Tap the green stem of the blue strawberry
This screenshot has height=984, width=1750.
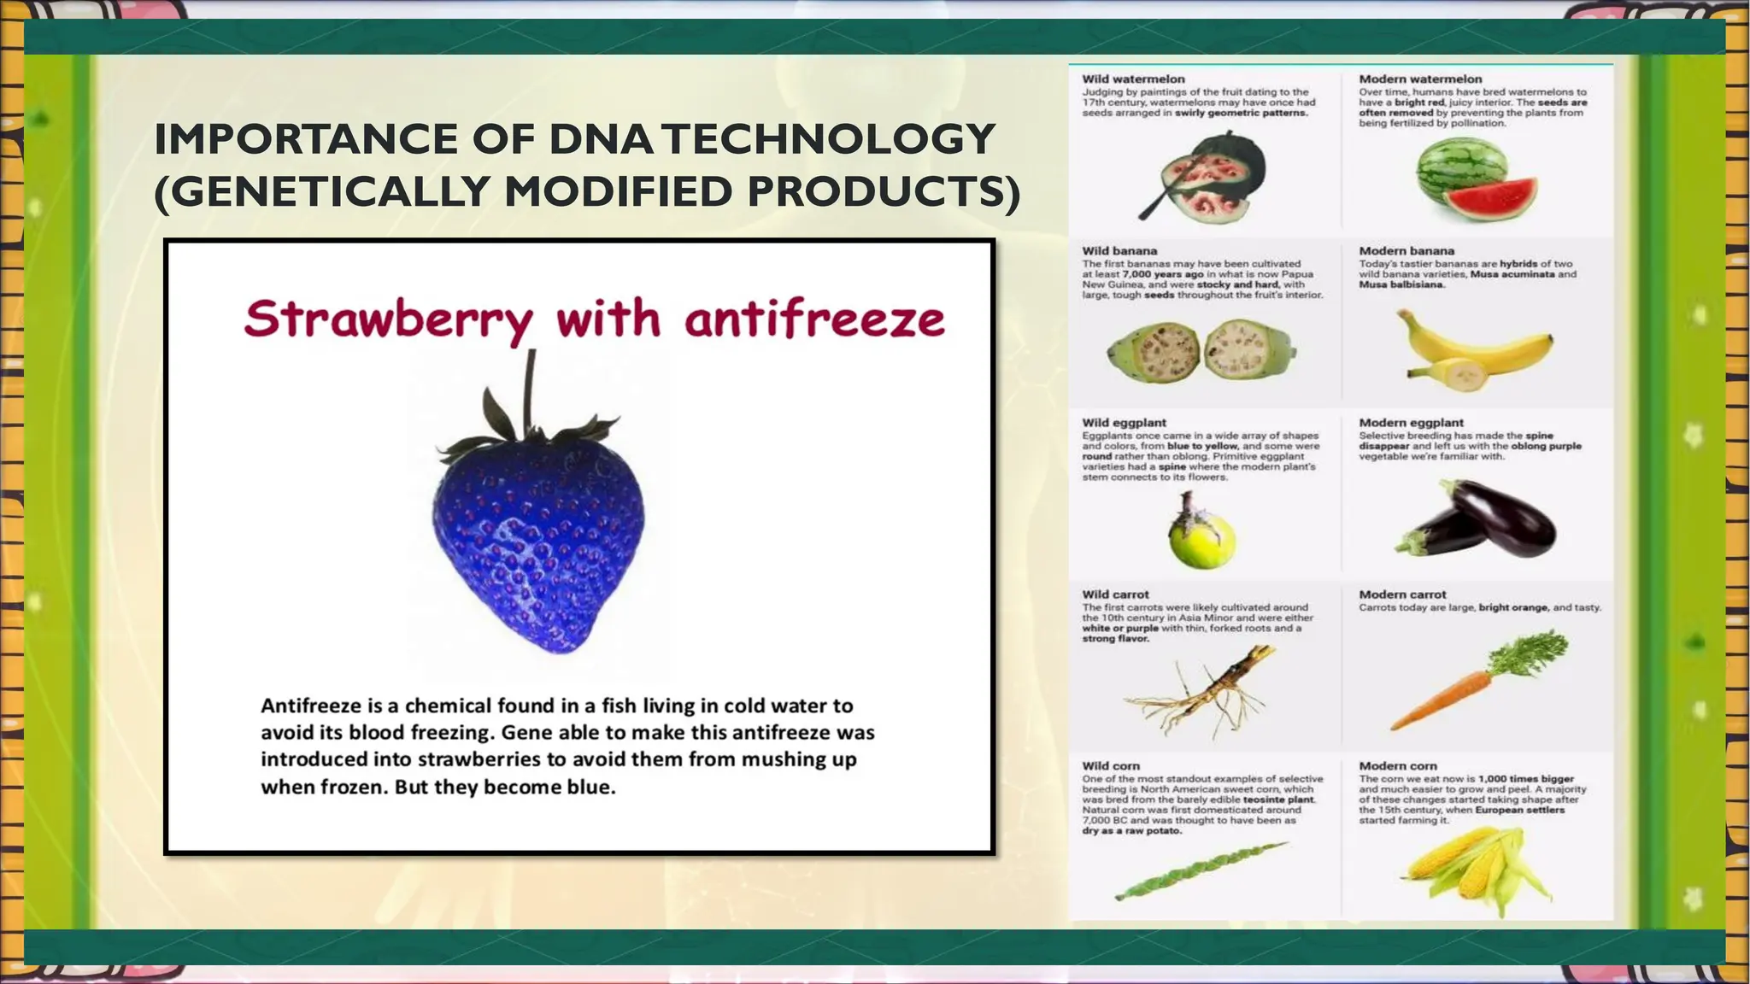click(x=530, y=389)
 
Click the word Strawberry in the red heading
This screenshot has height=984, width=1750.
click(x=387, y=320)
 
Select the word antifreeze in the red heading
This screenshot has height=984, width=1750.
click(x=814, y=320)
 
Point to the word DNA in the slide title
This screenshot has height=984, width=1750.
click(x=603, y=139)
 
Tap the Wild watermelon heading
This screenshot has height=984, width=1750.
click(x=1133, y=79)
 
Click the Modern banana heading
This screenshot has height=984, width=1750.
click(x=1406, y=250)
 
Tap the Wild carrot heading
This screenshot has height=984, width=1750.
click(x=1115, y=594)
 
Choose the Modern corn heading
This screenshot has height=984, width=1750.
click(x=1398, y=765)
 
